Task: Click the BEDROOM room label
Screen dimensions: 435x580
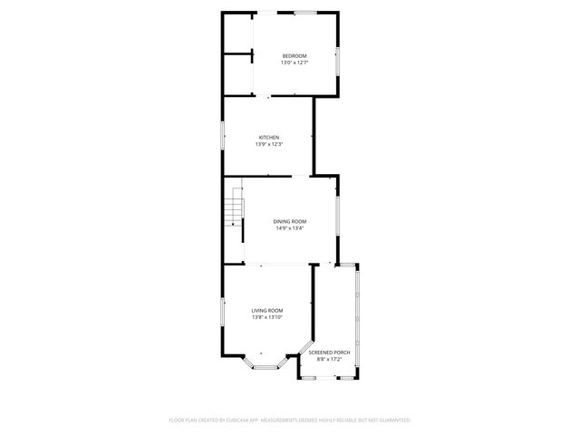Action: tap(295, 56)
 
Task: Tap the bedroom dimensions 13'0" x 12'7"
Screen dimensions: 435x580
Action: tap(295, 63)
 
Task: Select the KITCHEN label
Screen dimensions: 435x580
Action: tap(269, 137)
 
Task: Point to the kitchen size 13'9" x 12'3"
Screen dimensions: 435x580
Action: tap(269, 143)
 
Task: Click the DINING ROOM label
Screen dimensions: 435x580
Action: tap(290, 221)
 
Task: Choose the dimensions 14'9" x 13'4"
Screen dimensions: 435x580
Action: tap(290, 227)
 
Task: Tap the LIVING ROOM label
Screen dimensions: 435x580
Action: tap(267, 310)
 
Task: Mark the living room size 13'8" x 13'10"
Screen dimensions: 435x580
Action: tap(267, 316)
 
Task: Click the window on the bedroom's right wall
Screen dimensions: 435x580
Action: tap(339, 59)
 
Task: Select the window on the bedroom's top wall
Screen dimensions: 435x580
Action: tap(304, 12)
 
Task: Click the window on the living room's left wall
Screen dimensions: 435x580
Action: tap(223, 313)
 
